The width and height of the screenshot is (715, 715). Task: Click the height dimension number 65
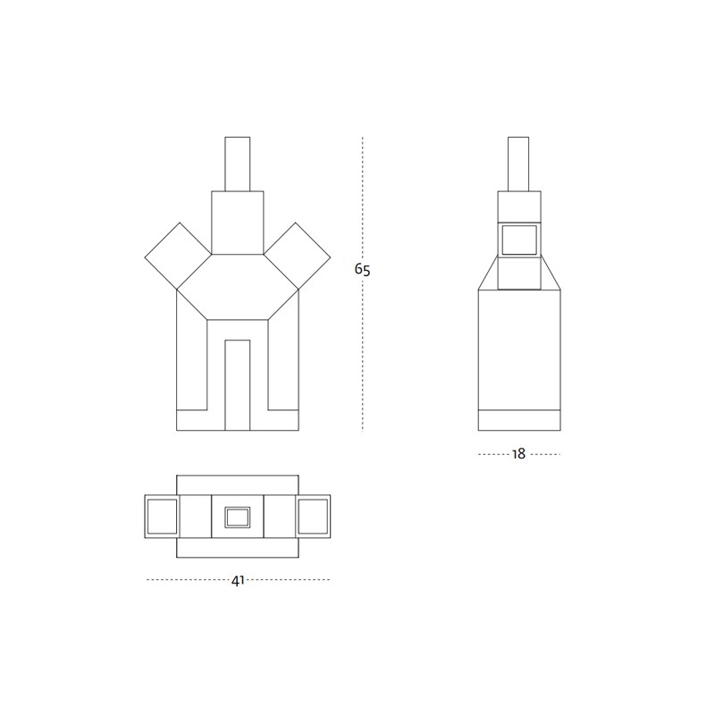tap(363, 270)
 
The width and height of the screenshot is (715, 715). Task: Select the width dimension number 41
tap(238, 581)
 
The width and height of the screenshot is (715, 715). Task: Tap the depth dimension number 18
tap(519, 454)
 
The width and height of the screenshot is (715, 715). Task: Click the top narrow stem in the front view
tap(238, 164)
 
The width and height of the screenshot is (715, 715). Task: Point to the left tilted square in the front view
tap(178, 256)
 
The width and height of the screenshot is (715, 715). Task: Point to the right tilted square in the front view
tap(297, 256)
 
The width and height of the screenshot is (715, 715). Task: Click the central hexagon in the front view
tap(238, 287)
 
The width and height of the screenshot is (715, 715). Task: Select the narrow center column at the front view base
tap(238, 385)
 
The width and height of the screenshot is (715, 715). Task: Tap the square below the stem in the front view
tap(238, 223)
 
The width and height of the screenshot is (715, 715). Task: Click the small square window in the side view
tap(519, 240)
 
